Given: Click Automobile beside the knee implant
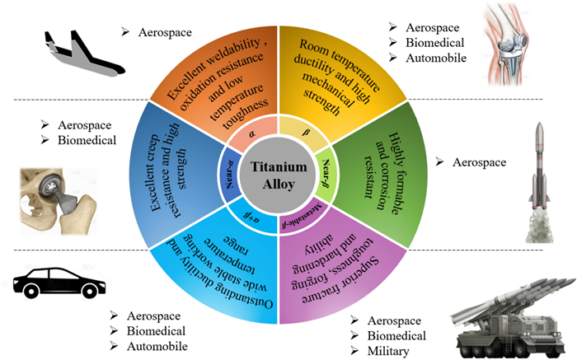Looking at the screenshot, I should [434, 58].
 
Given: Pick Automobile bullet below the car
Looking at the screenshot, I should [159, 346].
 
